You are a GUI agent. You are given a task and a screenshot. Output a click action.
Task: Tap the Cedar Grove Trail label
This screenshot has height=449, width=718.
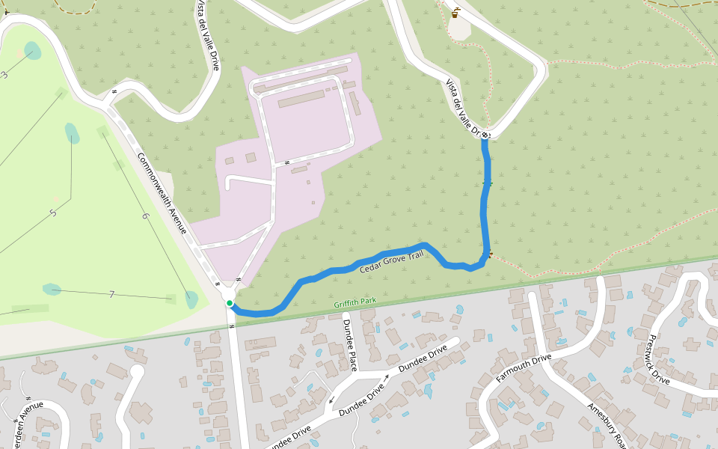pos(391,261)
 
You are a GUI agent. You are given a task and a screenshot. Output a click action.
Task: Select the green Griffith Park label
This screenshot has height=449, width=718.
pos(356,302)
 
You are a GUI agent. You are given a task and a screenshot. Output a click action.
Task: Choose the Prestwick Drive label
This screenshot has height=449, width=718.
pos(659,358)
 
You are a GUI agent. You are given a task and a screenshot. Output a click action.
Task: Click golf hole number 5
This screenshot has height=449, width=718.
pos(52,213)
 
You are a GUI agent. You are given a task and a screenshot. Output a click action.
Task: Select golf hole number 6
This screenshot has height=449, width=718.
pos(145,216)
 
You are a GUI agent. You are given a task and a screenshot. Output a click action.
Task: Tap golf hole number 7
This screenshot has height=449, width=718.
pos(111,294)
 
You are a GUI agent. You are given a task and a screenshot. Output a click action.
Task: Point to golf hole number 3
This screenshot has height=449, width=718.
pos(4,74)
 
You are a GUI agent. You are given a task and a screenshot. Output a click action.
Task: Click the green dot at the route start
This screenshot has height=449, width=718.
pos(230,303)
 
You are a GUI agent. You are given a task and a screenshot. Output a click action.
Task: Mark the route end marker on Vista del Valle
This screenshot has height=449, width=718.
pos(485,135)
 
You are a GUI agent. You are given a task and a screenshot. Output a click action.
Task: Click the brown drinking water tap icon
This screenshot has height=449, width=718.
pos(455,12)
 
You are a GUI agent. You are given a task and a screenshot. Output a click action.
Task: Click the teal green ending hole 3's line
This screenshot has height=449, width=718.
pos(32,50)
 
